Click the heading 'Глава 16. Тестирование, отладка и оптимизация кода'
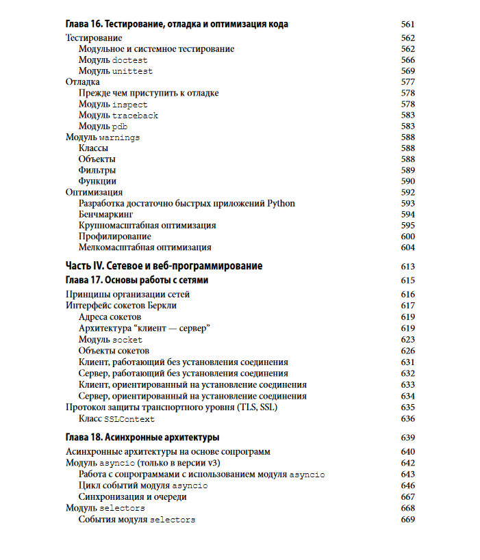point(177,25)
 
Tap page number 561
point(407,25)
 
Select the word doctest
point(129,60)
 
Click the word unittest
point(132,71)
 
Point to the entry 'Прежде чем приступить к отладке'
point(149,93)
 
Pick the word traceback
point(135,116)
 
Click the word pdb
point(120,126)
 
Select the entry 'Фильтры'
point(97,170)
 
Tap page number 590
point(407,181)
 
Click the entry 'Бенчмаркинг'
point(105,214)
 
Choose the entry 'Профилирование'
point(115,237)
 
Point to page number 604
point(407,248)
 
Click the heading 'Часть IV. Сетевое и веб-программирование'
point(164,266)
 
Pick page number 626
point(407,351)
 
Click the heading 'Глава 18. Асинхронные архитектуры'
point(142,437)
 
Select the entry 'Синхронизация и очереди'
point(133,497)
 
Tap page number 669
point(407,520)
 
